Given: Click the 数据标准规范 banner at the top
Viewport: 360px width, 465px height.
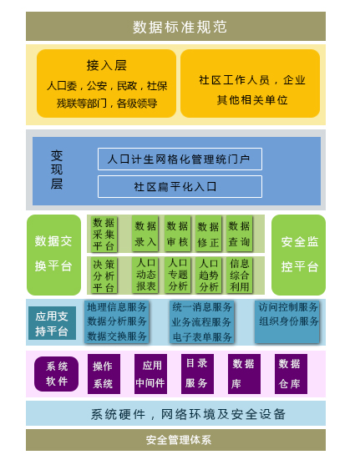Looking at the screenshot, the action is (175, 27).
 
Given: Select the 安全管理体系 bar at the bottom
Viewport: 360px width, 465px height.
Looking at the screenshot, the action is (175, 440).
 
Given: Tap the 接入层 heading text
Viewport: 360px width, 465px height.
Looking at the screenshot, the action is (107, 65).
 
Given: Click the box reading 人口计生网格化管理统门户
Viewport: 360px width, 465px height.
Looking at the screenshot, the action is (180, 159).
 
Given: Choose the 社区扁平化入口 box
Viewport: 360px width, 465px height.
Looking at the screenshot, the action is (180, 186).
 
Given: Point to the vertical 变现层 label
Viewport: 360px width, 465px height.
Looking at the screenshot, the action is (57, 169).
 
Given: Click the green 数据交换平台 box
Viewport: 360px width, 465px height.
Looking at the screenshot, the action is (53, 255).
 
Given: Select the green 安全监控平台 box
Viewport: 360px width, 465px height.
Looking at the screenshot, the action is (298, 255).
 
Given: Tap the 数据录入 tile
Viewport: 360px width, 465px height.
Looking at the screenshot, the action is (145, 234).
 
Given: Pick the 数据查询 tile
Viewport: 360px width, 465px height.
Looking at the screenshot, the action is (239, 234).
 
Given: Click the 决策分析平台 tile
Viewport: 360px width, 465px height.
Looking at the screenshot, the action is (104, 275).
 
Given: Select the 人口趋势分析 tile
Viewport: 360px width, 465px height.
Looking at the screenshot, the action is (209, 275).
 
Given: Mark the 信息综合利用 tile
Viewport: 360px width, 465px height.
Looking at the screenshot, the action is (239, 275).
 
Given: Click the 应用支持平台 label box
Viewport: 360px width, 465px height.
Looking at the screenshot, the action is (53, 323).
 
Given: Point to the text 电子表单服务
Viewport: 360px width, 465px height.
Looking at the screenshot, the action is (202, 337).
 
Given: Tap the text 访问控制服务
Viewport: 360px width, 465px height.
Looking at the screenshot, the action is (288, 307).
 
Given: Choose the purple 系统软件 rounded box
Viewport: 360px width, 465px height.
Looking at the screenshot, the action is (57, 374).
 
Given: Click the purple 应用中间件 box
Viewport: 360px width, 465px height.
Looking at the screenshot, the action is (150, 374).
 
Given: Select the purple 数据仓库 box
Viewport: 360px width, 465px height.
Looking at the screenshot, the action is (291, 374).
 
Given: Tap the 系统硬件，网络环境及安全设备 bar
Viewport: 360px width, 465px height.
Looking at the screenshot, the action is (175, 413).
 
